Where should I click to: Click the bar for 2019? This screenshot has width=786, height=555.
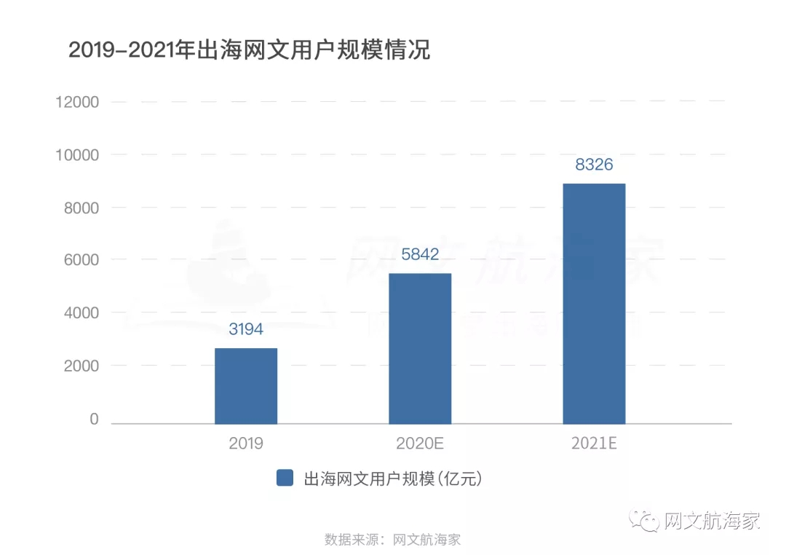click(246, 386)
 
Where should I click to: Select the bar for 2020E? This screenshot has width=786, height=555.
click(420, 348)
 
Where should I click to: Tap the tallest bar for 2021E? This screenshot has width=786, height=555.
click(594, 303)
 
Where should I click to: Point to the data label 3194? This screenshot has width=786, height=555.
click(246, 329)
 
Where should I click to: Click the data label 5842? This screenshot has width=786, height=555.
click(420, 254)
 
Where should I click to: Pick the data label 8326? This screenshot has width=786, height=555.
click(594, 165)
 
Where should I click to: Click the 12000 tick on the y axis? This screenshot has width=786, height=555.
click(77, 102)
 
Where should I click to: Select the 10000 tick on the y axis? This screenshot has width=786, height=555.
click(77, 155)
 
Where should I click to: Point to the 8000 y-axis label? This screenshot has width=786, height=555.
click(80, 208)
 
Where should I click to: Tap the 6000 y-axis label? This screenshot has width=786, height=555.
click(80, 260)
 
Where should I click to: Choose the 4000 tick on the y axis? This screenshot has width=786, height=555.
click(80, 313)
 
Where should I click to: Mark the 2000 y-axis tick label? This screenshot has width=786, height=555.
click(80, 366)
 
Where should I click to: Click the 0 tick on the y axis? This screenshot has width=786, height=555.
click(94, 419)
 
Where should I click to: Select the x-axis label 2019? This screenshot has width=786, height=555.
click(246, 444)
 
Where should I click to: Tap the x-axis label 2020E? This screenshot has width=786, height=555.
click(420, 444)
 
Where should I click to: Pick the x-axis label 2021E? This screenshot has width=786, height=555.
click(594, 444)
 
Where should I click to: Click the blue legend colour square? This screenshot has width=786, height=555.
click(285, 478)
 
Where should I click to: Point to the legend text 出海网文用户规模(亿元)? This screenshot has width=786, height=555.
click(393, 479)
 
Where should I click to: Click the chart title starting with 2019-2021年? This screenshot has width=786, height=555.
click(249, 50)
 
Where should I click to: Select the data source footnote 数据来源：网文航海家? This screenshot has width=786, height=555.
click(393, 540)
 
